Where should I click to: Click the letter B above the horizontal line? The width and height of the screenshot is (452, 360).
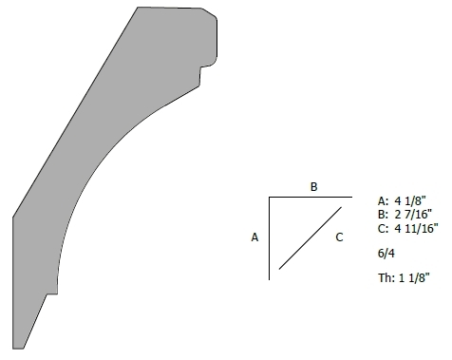(313, 187)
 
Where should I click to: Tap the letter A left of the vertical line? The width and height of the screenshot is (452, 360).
(254, 237)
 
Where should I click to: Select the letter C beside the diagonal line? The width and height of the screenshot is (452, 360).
(339, 237)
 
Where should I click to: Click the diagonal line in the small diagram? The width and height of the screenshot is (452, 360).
(311, 238)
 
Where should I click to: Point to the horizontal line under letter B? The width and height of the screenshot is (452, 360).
(311, 198)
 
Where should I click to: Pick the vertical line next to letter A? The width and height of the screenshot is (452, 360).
(270, 238)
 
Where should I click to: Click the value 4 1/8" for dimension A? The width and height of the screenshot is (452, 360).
(410, 200)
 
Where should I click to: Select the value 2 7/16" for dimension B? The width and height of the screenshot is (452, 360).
(413, 215)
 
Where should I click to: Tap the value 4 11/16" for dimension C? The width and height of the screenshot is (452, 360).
(416, 228)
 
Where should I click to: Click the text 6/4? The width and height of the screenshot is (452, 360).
(386, 254)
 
